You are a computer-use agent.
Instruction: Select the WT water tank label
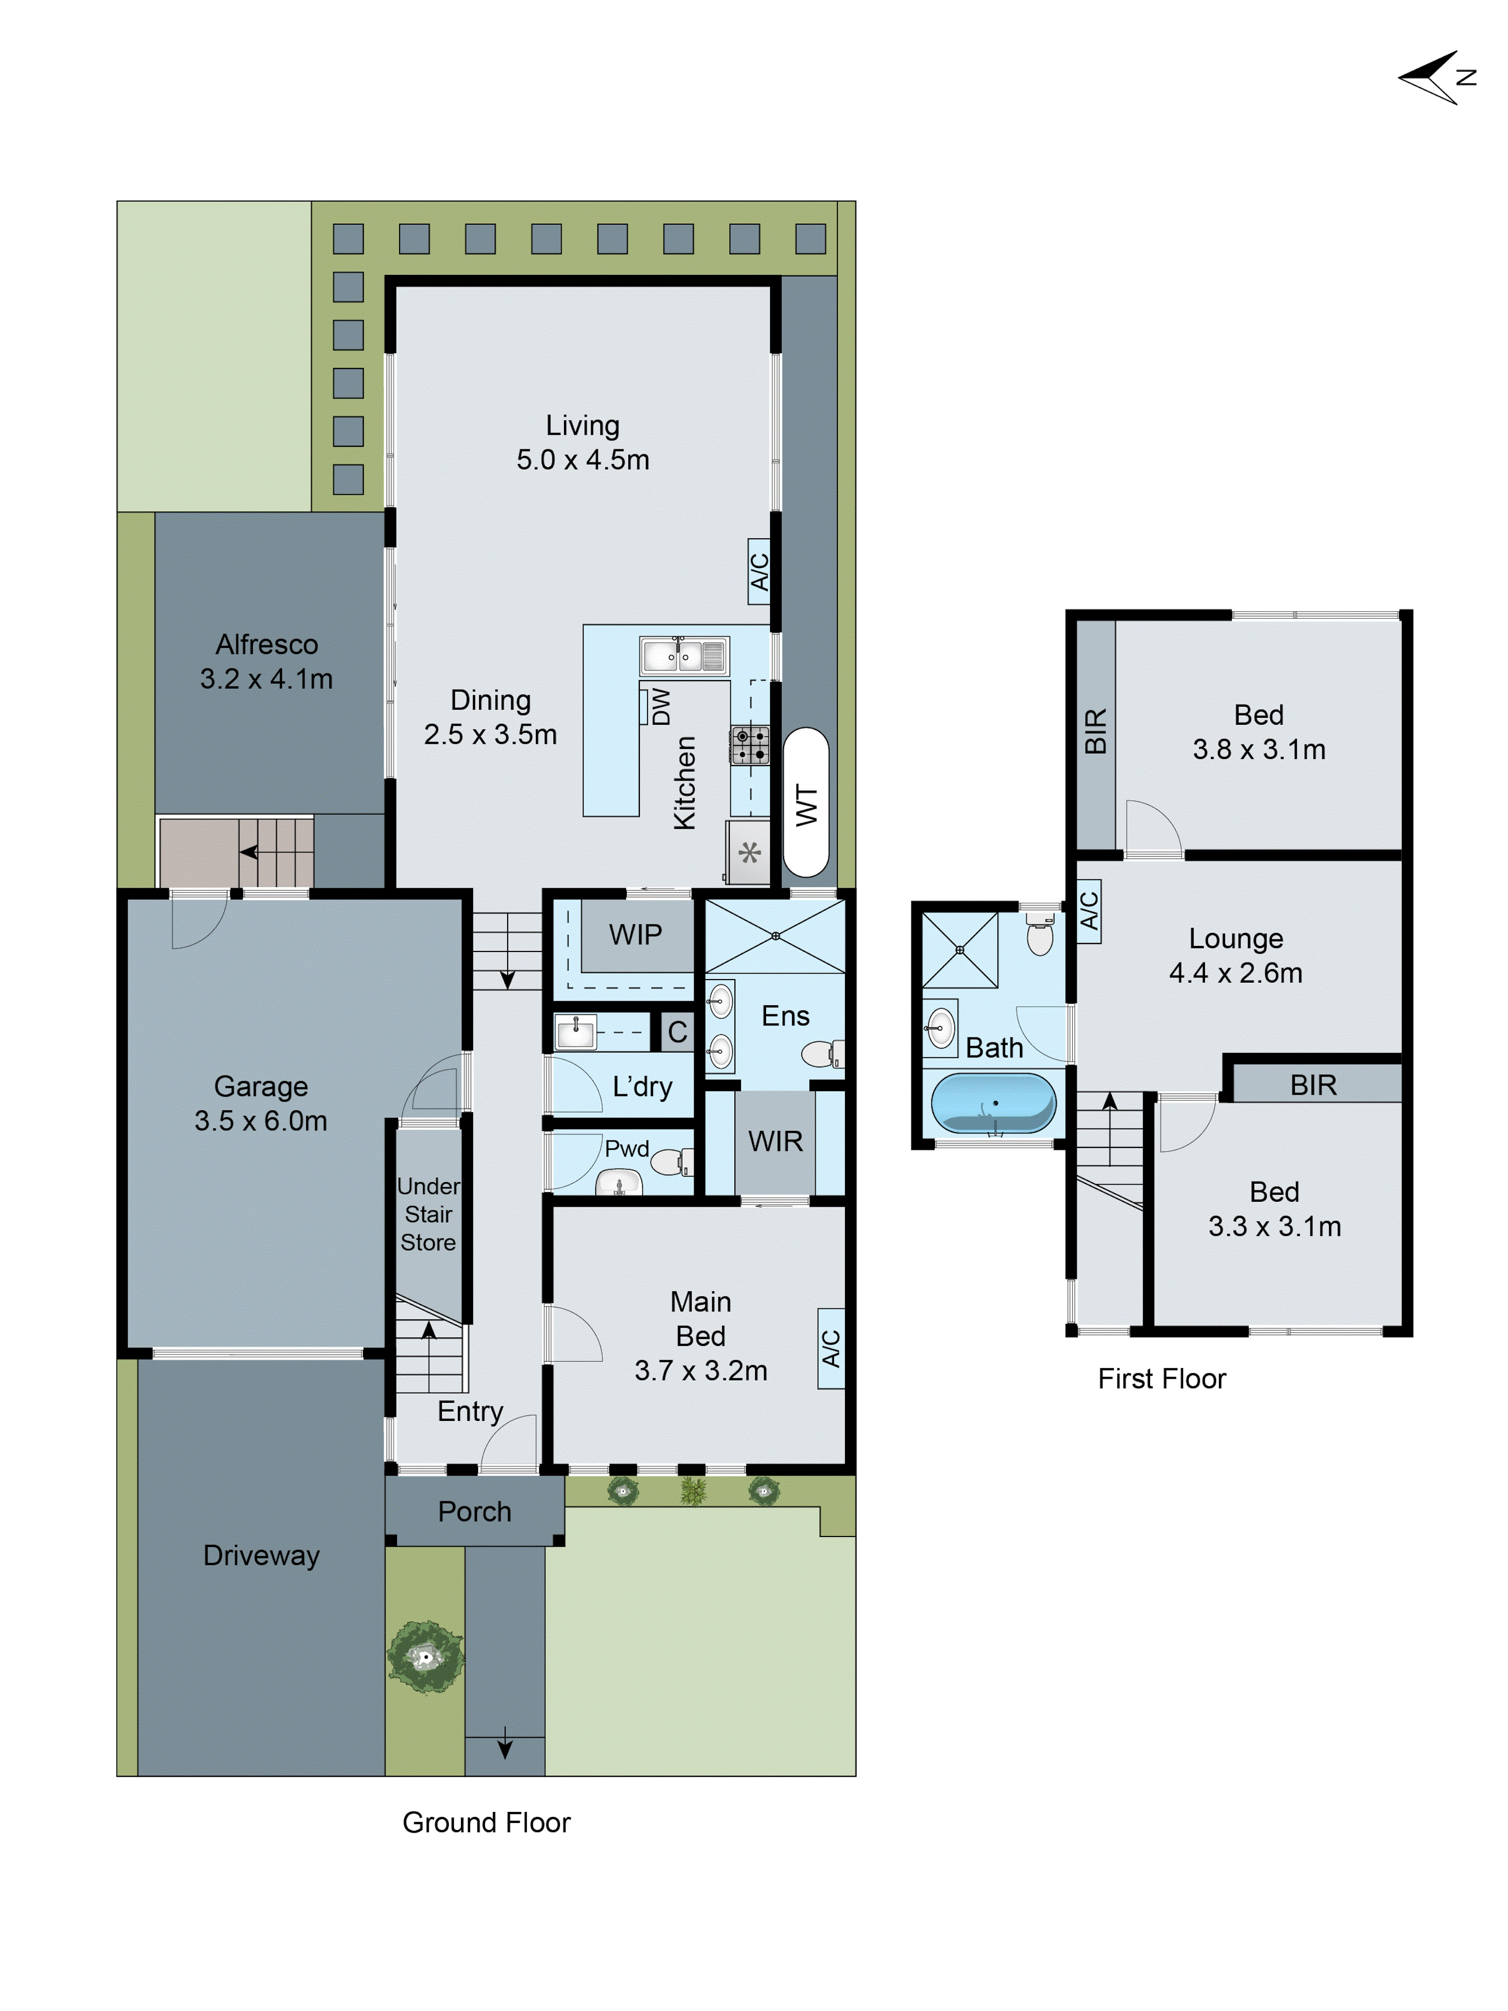(x=805, y=806)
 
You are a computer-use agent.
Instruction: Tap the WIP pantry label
(x=635, y=934)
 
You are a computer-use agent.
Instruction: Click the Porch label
(x=475, y=1511)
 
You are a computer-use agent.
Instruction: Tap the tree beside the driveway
(x=424, y=1657)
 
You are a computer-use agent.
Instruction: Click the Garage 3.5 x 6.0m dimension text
(x=261, y=1121)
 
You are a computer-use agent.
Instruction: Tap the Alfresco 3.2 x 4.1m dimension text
(x=266, y=678)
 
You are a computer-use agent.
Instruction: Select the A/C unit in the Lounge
(x=1089, y=911)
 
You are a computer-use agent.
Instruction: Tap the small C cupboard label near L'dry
(x=677, y=1032)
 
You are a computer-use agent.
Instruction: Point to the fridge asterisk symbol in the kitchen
(x=749, y=853)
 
